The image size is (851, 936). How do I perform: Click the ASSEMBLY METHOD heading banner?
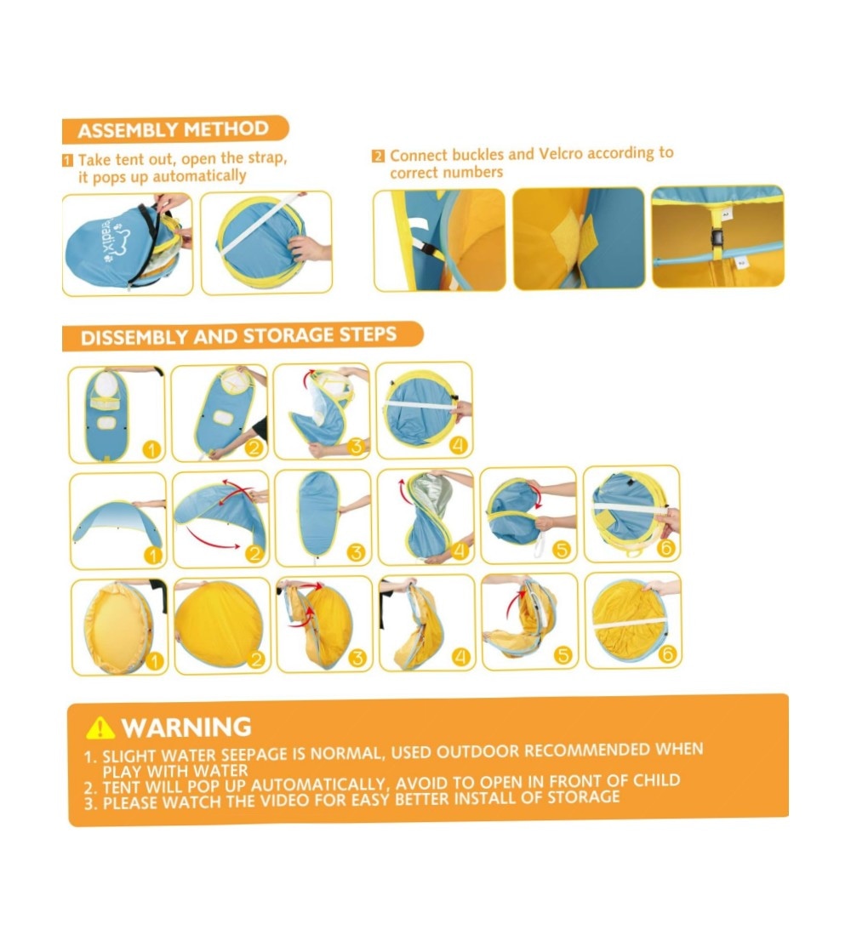[175, 129]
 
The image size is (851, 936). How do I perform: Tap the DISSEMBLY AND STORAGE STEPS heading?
[242, 336]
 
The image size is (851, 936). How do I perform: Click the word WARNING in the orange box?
[186, 727]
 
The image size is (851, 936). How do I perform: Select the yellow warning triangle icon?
[100, 728]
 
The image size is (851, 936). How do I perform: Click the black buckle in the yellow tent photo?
[717, 238]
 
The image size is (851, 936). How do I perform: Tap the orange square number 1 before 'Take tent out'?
[68, 160]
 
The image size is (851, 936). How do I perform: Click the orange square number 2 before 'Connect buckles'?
[378, 157]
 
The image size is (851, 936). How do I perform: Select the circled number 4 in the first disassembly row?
[458, 445]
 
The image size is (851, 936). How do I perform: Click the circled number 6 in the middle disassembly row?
[665, 547]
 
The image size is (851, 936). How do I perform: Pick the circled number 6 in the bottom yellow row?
[667, 654]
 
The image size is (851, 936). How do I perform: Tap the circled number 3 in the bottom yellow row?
[357, 659]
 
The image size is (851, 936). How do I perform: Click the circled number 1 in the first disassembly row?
[151, 449]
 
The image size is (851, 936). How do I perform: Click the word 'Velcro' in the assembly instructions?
[560, 154]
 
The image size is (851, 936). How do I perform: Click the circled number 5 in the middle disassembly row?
[562, 549]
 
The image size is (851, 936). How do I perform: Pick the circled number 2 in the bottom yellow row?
[255, 659]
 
